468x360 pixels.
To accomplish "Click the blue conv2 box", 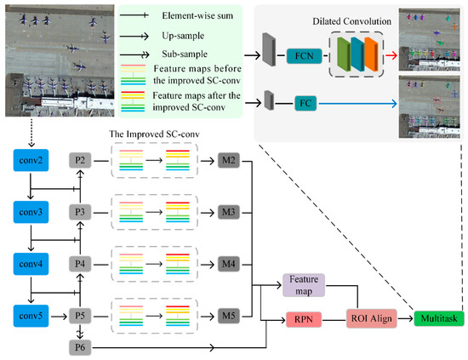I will (30, 159).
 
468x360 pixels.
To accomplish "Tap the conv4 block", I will (30, 264).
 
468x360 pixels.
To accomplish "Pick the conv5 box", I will (30, 317).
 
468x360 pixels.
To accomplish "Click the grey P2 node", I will (81, 159).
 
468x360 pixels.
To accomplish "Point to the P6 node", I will (81, 347).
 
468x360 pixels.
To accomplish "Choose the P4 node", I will (81, 264).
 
